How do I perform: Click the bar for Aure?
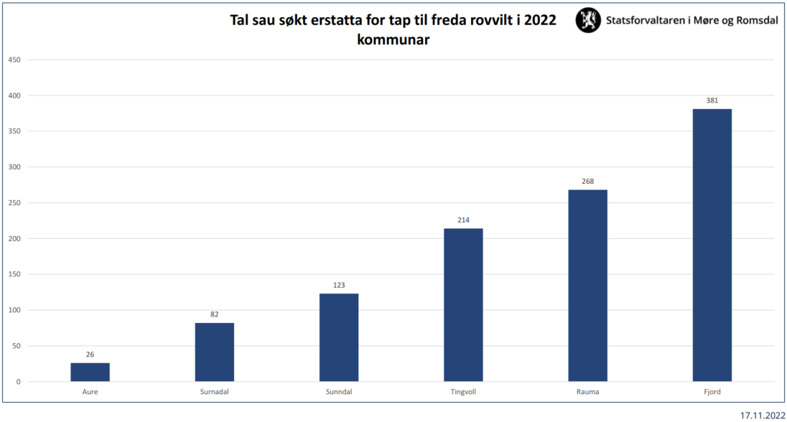pyautogui.click(x=90, y=372)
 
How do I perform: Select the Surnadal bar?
pyautogui.click(x=214, y=352)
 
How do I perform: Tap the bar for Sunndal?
pyautogui.click(x=339, y=337)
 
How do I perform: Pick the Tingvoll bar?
pyautogui.click(x=463, y=305)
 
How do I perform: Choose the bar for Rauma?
pyautogui.click(x=588, y=286)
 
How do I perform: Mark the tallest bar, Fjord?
pyautogui.click(x=712, y=245)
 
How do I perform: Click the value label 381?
pyautogui.click(x=712, y=100)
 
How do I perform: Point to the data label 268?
pyautogui.click(x=588, y=181)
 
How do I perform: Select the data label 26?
pyautogui.click(x=90, y=355)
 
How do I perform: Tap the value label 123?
pyautogui.click(x=339, y=285)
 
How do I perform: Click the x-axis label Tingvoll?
pyautogui.click(x=463, y=392)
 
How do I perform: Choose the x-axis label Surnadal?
pyautogui.click(x=214, y=392)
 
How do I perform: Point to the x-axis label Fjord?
pyautogui.click(x=712, y=392)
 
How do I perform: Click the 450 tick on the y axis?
pyautogui.click(x=14, y=60)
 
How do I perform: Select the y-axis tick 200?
pyautogui.click(x=14, y=238)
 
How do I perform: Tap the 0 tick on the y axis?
pyautogui.click(x=19, y=381)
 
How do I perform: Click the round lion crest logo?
pyautogui.click(x=588, y=20)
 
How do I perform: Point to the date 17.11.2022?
pyautogui.click(x=763, y=416)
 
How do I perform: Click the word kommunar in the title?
pyautogui.click(x=393, y=39)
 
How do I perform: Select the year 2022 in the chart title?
pyautogui.click(x=540, y=20)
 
